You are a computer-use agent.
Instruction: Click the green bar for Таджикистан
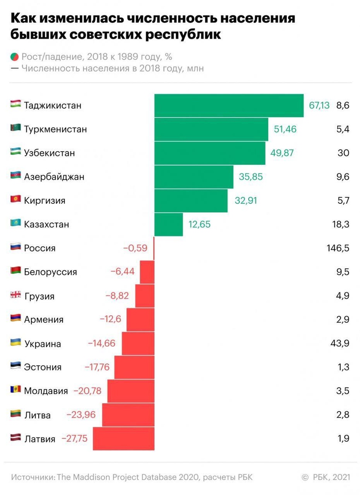click(x=229, y=105)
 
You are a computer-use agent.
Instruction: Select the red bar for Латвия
click(x=123, y=438)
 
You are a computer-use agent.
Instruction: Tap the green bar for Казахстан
click(x=168, y=224)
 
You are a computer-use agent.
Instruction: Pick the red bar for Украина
click(x=138, y=343)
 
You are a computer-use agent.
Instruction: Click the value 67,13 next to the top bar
click(x=319, y=105)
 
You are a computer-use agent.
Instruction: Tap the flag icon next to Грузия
click(x=15, y=295)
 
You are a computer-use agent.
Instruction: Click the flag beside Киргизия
click(x=15, y=200)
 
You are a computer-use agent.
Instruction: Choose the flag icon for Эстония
click(x=15, y=366)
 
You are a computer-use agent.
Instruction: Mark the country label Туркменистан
click(x=55, y=129)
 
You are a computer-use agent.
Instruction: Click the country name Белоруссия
click(x=51, y=272)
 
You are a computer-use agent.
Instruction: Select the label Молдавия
click(x=46, y=391)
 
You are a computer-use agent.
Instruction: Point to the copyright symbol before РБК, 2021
click(x=305, y=477)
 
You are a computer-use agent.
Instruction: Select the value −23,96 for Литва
click(x=81, y=414)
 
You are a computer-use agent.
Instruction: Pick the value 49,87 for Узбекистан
click(x=282, y=153)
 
